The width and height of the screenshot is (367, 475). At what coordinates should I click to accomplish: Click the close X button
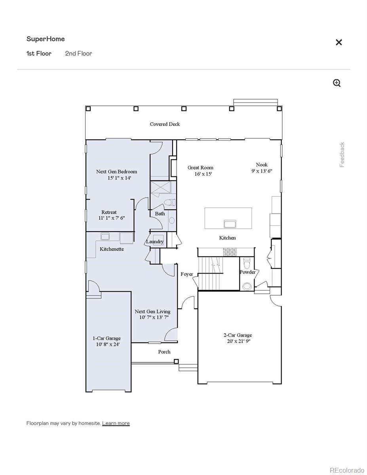338,42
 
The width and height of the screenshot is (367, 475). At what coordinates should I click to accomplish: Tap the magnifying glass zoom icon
337,83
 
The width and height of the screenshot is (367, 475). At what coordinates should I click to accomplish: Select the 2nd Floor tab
78,53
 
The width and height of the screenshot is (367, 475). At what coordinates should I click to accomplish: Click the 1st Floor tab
39,53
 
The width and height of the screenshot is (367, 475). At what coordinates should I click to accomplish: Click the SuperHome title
46,39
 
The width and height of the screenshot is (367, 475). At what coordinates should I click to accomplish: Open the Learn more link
116,423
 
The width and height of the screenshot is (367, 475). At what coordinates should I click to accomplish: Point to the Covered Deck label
165,124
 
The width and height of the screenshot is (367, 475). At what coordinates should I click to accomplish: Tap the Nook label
261,165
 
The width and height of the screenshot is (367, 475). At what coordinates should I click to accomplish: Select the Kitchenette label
112,249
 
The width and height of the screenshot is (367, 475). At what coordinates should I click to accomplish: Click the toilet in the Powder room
247,263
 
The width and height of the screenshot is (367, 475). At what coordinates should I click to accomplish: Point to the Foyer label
187,274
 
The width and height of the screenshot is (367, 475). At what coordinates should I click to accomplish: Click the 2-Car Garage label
238,335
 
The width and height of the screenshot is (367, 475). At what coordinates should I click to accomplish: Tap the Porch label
164,351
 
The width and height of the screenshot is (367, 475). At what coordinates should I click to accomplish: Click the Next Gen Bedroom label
116,171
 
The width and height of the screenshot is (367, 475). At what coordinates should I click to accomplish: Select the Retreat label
109,212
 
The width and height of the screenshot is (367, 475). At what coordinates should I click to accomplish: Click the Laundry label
155,241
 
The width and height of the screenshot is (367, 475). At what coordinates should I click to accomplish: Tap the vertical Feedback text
342,155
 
